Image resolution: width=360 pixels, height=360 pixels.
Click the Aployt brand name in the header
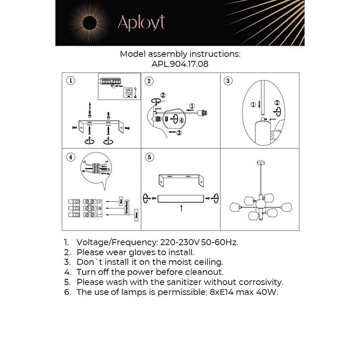tap(141, 22)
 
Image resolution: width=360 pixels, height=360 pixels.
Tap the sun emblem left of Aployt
tap(91, 23)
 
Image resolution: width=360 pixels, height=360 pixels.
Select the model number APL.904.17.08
tap(179, 65)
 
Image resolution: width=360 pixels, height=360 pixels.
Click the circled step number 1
tap(70, 81)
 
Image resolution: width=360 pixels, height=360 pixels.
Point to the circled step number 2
tap(149, 81)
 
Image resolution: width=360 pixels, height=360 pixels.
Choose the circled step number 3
tap(228, 81)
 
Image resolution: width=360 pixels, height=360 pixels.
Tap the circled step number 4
tap(70, 157)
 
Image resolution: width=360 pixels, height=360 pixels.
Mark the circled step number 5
tap(149, 157)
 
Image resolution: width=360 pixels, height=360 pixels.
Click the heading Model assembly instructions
tap(179, 54)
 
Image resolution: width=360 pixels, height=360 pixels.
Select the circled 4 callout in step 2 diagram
tap(180, 121)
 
